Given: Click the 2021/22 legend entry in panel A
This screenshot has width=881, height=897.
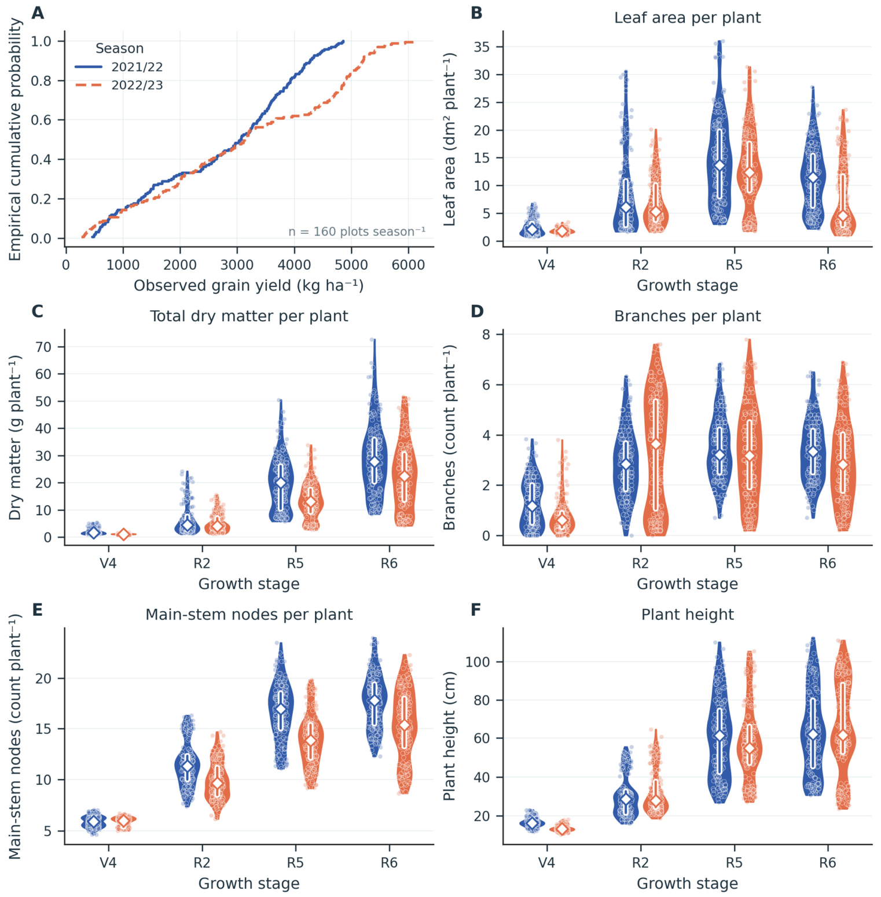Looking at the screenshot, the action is pos(119,67).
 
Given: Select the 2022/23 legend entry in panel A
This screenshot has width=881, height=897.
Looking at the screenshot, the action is pos(119,85).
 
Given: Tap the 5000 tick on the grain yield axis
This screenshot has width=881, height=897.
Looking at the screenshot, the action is pos(351,265).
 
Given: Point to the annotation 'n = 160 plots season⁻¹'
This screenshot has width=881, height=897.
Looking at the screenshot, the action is pos(357,231).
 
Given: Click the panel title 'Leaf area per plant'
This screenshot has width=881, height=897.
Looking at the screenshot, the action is pos(687,17).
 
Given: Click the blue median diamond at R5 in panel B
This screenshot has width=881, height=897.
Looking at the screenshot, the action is pos(720,166).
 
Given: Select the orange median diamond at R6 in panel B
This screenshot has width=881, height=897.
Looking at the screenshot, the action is pos(843,216).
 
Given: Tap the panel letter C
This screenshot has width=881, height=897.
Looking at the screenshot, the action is pos(38,311).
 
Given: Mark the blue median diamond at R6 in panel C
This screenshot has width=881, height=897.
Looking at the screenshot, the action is pos(375,462).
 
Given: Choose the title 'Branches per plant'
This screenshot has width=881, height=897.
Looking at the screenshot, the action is pos(687,316).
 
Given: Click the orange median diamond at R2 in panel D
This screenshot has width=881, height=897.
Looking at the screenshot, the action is pos(656,444).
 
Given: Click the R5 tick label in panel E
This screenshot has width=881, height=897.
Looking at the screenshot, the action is pos(295,863).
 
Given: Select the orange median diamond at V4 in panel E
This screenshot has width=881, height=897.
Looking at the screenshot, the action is pos(123,821).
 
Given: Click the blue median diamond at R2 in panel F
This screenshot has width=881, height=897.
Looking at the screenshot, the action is pos(626,800).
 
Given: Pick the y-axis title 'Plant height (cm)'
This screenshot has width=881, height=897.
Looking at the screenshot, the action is pos(450,736).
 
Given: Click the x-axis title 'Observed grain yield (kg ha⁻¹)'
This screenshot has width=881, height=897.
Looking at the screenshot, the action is pos(249,285).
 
